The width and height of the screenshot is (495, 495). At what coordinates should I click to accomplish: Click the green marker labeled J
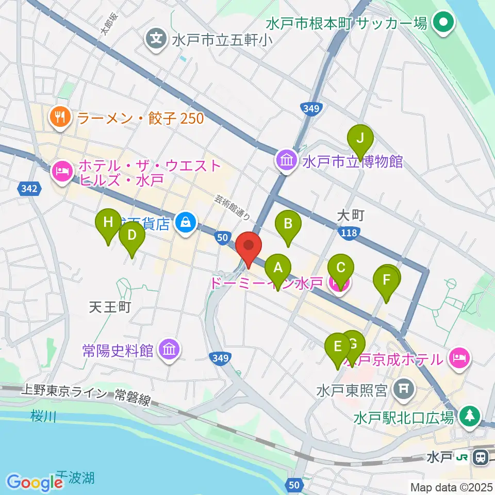coord(360,138)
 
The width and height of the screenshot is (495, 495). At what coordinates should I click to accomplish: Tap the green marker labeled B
coord(288,224)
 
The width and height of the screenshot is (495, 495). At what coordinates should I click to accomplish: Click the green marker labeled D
coord(131,236)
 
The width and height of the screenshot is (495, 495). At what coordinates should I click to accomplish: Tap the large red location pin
coord(249,246)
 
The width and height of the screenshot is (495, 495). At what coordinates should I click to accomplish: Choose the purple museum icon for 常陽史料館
coord(169,351)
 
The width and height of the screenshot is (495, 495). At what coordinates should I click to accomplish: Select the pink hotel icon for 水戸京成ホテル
coord(459,357)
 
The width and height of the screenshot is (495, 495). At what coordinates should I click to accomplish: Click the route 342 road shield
coord(28,189)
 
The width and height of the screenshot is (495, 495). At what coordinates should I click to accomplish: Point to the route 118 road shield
coord(349,234)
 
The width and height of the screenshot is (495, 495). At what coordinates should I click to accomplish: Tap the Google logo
coord(35,483)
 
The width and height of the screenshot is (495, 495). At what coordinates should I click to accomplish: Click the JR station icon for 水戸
coord(482,457)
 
